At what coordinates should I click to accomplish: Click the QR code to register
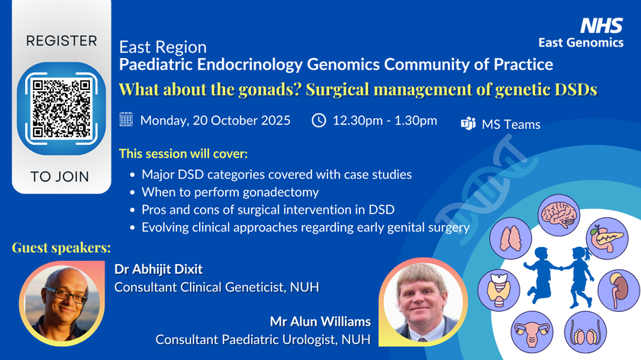(x=61, y=108)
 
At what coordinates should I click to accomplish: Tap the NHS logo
(x=601, y=25)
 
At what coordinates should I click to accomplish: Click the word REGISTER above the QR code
(x=62, y=41)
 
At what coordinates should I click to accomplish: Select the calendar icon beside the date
(x=126, y=119)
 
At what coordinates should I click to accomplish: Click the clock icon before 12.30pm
(x=319, y=121)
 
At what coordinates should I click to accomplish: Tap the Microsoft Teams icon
(x=468, y=123)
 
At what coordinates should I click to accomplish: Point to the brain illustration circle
(x=559, y=215)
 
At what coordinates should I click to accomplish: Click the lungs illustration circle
(x=511, y=238)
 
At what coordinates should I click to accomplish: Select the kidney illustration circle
(x=618, y=291)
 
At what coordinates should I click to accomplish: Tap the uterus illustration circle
(x=532, y=332)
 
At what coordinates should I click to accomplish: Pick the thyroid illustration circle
(x=499, y=290)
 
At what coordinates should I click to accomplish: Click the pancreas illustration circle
(x=607, y=238)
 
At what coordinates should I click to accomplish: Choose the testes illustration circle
(x=585, y=332)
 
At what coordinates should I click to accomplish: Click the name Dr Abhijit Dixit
(x=158, y=269)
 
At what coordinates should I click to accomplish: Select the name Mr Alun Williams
(x=320, y=322)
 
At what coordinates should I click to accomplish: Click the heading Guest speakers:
(x=61, y=248)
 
